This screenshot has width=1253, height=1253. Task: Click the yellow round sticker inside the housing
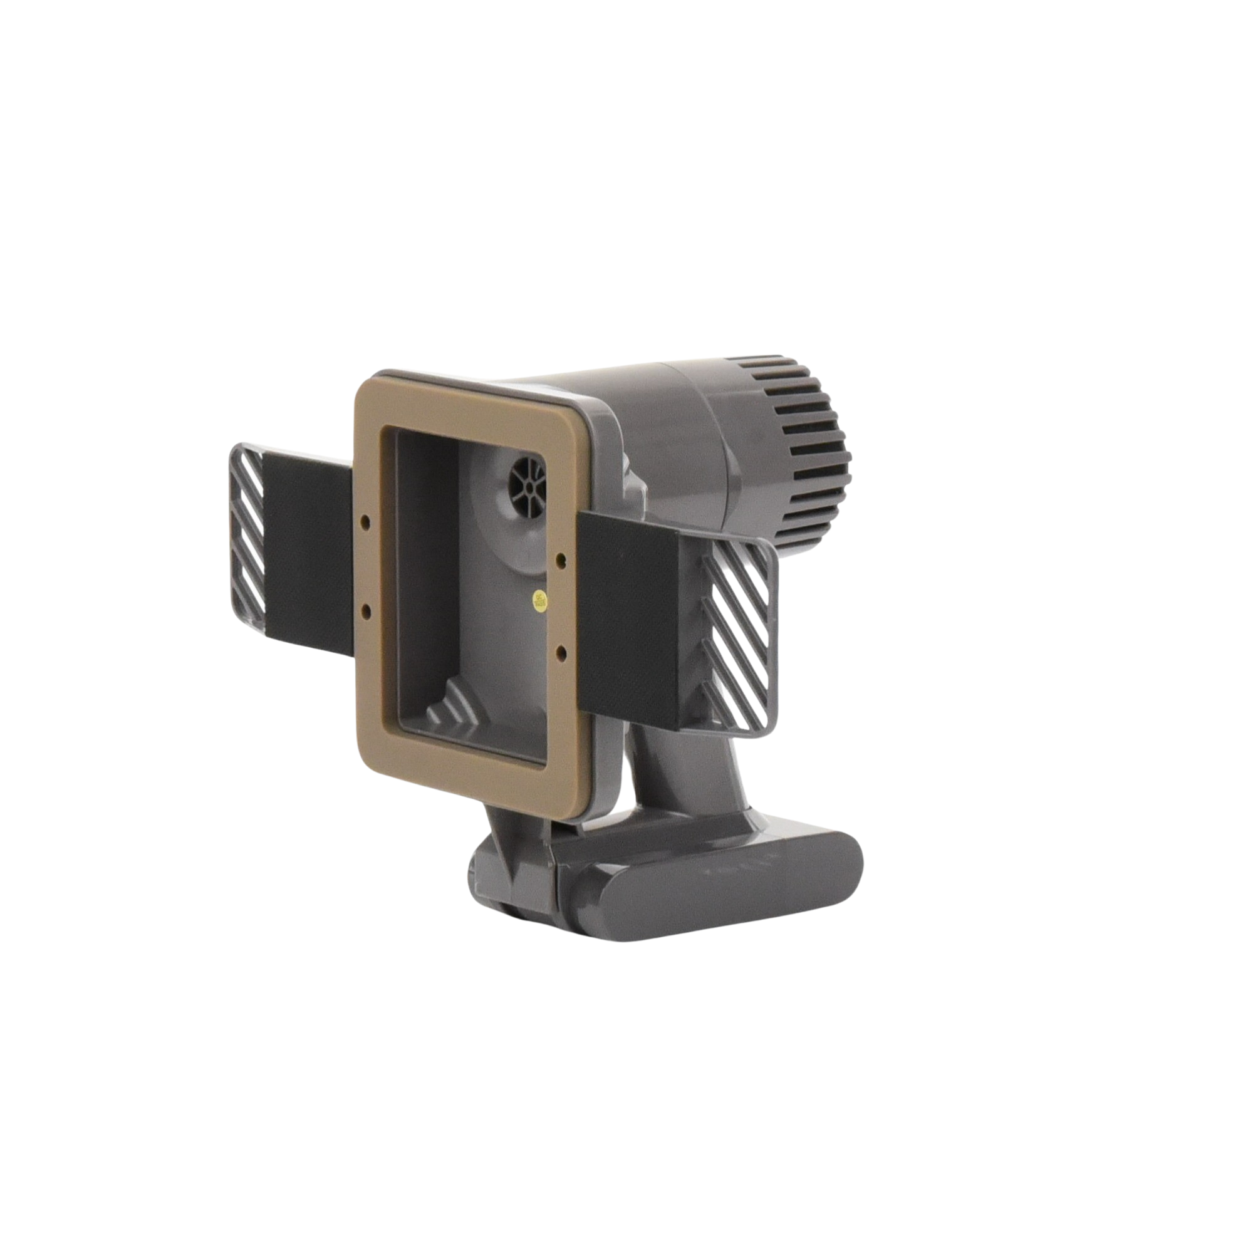click(x=538, y=600)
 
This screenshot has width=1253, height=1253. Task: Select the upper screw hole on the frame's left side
click(x=367, y=520)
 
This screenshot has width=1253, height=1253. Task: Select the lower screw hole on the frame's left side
click(x=367, y=610)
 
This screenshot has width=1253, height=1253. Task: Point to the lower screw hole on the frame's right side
click(x=561, y=648)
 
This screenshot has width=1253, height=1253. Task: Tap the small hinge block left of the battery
click(x=512, y=869)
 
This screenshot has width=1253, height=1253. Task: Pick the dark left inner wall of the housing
click(x=428, y=584)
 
